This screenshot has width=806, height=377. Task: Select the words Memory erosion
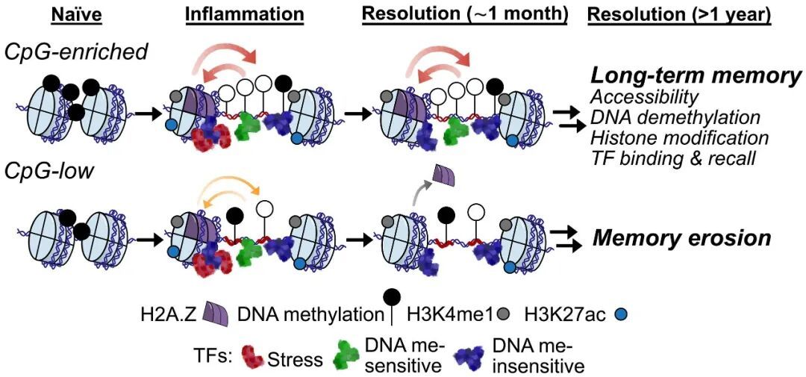click(x=681, y=238)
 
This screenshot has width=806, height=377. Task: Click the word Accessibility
click(x=644, y=98)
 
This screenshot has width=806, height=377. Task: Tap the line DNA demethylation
click(x=675, y=118)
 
